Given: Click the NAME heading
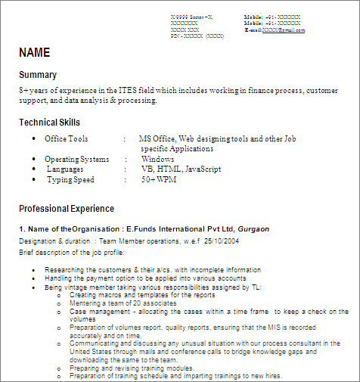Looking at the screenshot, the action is click(x=34, y=53).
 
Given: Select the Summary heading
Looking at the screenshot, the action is click(x=38, y=75).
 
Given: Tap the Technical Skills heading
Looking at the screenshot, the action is click(x=49, y=123).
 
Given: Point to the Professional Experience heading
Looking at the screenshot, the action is click(x=67, y=209).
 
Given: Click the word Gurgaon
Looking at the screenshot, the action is click(x=253, y=228).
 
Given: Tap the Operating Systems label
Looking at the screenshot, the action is click(x=76, y=160).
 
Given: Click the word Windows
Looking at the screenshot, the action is click(x=157, y=160).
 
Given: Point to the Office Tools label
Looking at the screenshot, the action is click(x=66, y=139).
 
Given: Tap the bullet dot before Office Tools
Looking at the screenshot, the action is click(x=34, y=139).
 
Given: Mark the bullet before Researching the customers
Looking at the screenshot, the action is click(x=34, y=270).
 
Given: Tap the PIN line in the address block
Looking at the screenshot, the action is click(x=197, y=36).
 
